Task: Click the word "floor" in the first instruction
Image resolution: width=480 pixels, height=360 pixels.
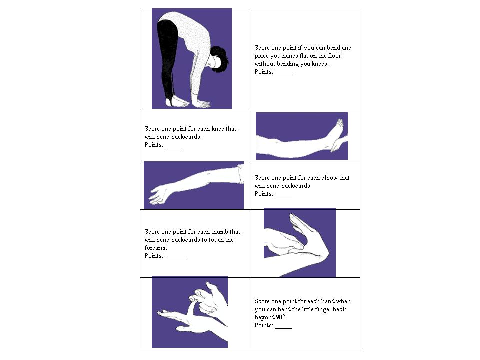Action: (334, 56)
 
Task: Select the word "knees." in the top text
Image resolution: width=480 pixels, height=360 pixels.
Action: (320, 64)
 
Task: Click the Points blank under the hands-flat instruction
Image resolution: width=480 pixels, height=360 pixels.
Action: (285, 74)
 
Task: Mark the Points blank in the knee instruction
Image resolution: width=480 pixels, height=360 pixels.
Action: (173, 147)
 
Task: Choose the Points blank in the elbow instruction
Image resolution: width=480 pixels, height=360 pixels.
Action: (283, 196)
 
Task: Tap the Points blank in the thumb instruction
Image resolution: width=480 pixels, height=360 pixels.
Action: (175, 258)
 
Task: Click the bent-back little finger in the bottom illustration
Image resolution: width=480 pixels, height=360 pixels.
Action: (191, 307)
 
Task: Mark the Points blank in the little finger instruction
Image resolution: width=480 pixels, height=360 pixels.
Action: (283, 328)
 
